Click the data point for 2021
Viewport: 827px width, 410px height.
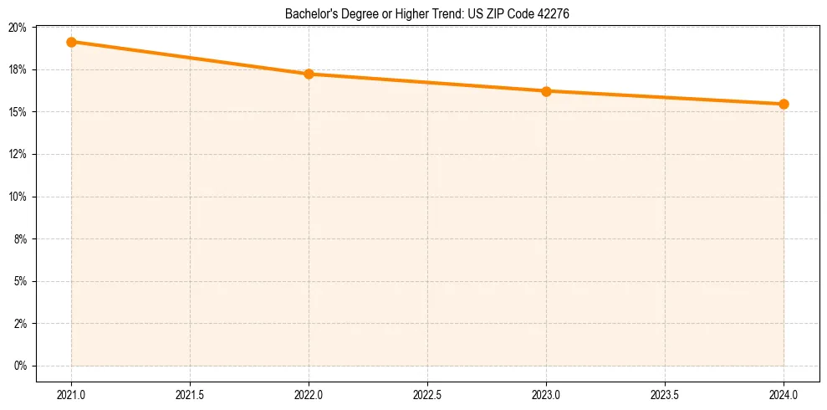pyautogui.click(x=71, y=42)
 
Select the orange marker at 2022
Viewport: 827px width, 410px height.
pyautogui.click(x=309, y=74)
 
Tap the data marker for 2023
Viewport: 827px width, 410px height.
pyautogui.click(x=546, y=91)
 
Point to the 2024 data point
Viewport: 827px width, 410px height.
pyautogui.click(x=784, y=104)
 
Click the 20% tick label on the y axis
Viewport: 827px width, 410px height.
pyautogui.click(x=18, y=28)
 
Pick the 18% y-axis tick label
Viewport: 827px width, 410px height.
pyautogui.click(x=18, y=69)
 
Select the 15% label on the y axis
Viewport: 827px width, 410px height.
pyautogui.click(x=18, y=112)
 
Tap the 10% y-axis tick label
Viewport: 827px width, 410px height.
pyautogui.click(x=18, y=197)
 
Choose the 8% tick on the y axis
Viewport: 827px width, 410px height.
pyautogui.click(x=20, y=239)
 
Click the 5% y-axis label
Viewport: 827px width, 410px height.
pyautogui.click(x=20, y=281)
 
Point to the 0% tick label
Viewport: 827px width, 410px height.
pyautogui.click(x=20, y=366)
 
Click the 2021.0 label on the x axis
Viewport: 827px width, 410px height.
pyautogui.click(x=71, y=391)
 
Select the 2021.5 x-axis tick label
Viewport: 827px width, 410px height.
pyautogui.click(x=190, y=391)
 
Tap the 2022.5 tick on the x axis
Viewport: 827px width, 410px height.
pyautogui.click(x=427, y=391)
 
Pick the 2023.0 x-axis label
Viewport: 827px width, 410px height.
pyautogui.click(x=546, y=391)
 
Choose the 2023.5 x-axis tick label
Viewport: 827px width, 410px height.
pyautogui.click(x=665, y=391)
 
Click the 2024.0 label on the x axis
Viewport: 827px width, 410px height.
pyautogui.click(x=784, y=391)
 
